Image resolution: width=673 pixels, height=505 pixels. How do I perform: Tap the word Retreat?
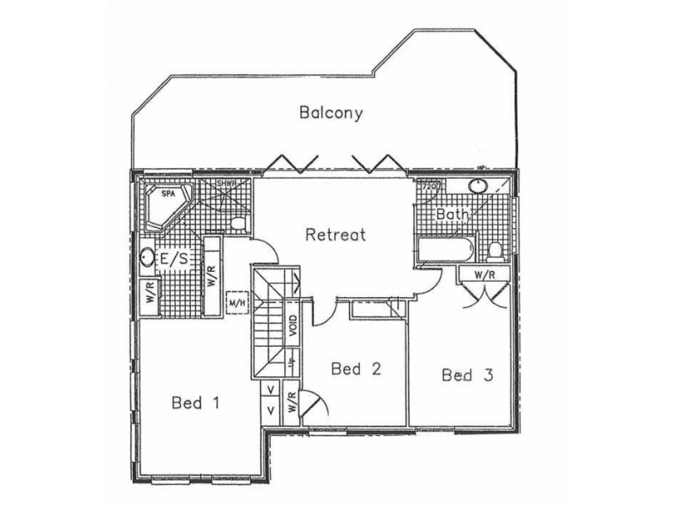click(x=335, y=234)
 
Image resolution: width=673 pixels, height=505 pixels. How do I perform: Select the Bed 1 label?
click(x=195, y=403)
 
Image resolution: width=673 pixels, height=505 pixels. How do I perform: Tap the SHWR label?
click(x=225, y=183)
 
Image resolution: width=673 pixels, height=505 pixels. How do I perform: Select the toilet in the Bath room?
click(x=495, y=250)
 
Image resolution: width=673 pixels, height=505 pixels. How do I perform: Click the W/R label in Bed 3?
click(x=483, y=274)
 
